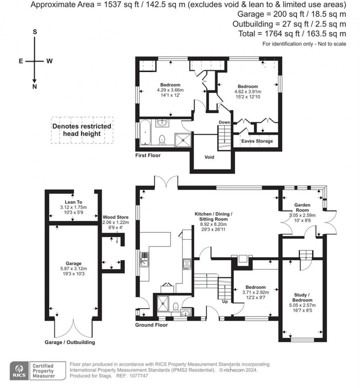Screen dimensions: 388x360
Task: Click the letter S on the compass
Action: tap(34, 32)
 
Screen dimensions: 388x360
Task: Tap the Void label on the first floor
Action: tap(210, 157)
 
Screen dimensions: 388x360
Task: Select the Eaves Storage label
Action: tap(257, 141)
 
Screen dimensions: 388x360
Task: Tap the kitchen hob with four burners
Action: tap(186, 264)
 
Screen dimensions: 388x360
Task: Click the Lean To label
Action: tap(73, 202)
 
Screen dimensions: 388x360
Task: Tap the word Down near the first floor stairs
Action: tap(224, 122)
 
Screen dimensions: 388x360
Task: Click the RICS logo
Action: tap(18, 371)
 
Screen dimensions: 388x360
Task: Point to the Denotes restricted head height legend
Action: tap(82, 130)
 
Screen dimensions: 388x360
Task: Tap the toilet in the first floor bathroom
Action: tap(162, 140)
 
